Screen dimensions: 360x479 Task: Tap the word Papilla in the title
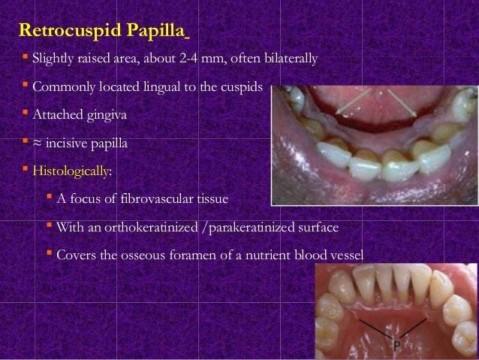158,32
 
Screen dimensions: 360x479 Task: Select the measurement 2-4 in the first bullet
193,59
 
